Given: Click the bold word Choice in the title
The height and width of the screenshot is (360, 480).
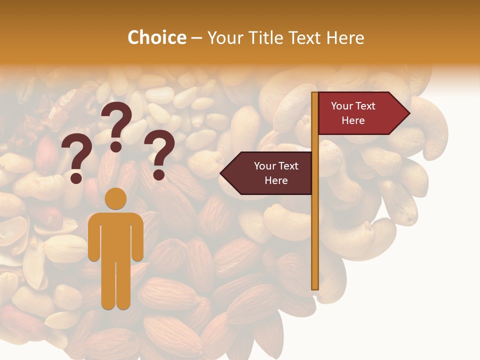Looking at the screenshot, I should [156, 37].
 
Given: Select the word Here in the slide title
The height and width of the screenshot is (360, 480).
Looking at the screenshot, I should [345, 37].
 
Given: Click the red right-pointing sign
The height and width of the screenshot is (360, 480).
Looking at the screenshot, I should [360, 113].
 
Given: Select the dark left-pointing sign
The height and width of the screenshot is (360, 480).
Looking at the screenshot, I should [270, 173].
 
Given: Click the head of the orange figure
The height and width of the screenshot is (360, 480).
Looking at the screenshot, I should [115, 198].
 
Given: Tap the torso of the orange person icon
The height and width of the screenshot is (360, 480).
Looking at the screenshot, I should [115, 235].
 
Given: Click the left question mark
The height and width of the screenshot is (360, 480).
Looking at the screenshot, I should [76, 152].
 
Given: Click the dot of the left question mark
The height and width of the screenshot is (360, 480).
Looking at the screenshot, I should [76, 177].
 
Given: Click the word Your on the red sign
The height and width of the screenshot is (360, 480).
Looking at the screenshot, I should [342, 106].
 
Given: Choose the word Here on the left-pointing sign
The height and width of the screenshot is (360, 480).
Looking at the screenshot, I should [276, 180].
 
